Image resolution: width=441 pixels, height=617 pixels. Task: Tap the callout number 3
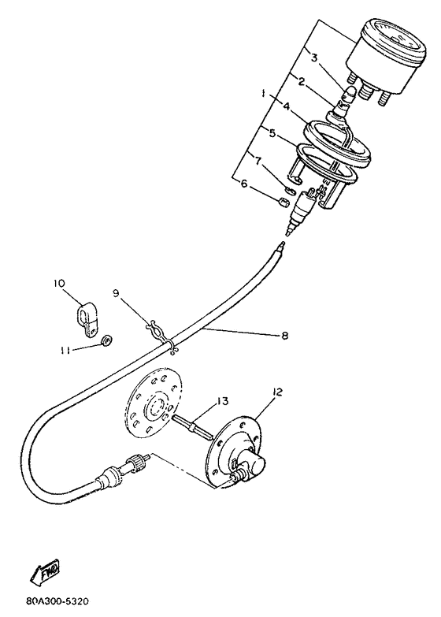tap(314, 58)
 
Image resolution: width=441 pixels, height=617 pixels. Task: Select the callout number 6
tap(244, 183)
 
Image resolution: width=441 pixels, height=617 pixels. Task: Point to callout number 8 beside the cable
tap(284, 335)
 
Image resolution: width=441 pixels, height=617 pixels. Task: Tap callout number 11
tap(65, 350)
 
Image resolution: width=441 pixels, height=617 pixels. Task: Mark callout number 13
tap(222, 401)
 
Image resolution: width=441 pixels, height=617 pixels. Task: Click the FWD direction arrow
tap(46, 571)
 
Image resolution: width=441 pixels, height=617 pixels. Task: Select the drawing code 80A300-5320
tap(57, 601)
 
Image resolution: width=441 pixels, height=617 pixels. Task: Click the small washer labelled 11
tap(106, 340)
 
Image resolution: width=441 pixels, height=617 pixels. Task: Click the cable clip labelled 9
tap(162, 333)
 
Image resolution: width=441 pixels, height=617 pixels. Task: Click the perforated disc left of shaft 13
tap(150, 402)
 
